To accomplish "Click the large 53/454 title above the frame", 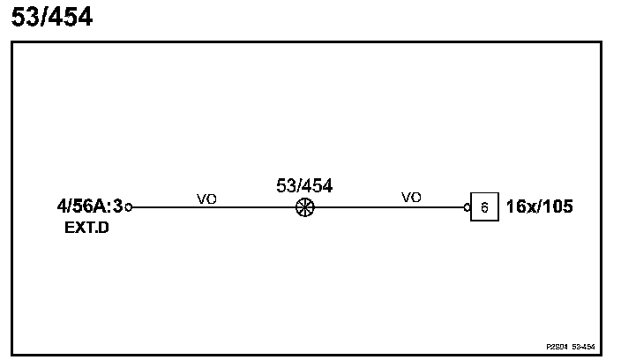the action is coord(51,17).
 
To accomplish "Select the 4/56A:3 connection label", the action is coord(89,207).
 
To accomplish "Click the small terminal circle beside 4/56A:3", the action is coord(129,207).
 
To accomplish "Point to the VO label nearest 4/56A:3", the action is coord(206,199).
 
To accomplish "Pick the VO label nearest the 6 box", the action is coord(411,198).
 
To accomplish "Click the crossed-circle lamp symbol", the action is coord(304,208).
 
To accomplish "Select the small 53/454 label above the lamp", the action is coord(304,185).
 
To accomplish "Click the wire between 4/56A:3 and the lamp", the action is coord(212,208).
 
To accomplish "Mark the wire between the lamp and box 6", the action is coord(388,208).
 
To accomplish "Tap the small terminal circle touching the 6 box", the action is coord(467,208).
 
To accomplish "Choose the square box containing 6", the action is coord(483,208).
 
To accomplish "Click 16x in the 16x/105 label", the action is coord(521,208).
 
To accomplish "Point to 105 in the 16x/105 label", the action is coord(557,208).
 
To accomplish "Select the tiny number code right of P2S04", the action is coord(582,347).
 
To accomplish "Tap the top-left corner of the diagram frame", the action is coord(12,42).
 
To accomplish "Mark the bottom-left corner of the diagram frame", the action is coord(12,355).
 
